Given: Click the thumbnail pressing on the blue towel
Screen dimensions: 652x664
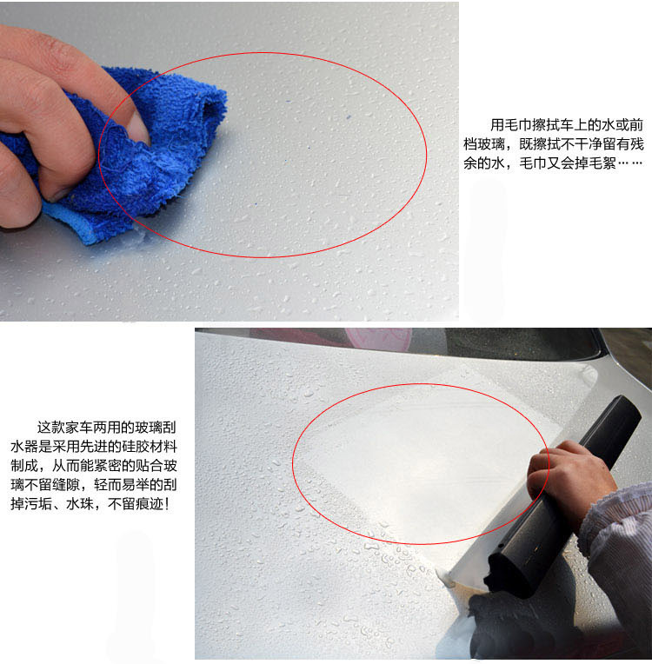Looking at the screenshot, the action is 138,129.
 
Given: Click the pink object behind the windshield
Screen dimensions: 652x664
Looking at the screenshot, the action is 378,339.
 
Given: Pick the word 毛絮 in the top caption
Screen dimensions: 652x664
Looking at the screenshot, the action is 602,163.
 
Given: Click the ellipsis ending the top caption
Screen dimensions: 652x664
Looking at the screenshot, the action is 630,163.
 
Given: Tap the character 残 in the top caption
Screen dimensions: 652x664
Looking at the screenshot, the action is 636,144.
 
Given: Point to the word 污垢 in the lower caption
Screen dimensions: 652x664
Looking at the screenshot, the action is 38,503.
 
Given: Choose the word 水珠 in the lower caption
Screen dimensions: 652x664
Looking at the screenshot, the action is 80,503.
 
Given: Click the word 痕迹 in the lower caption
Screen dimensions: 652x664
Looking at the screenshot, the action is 150,503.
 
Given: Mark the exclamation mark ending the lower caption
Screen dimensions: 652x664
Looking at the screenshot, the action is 167,503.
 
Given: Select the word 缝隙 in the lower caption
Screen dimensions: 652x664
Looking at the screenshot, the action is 66,484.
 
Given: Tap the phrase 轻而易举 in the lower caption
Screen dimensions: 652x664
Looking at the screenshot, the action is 122,484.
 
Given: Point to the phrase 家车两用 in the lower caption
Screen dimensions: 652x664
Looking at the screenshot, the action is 92,428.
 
